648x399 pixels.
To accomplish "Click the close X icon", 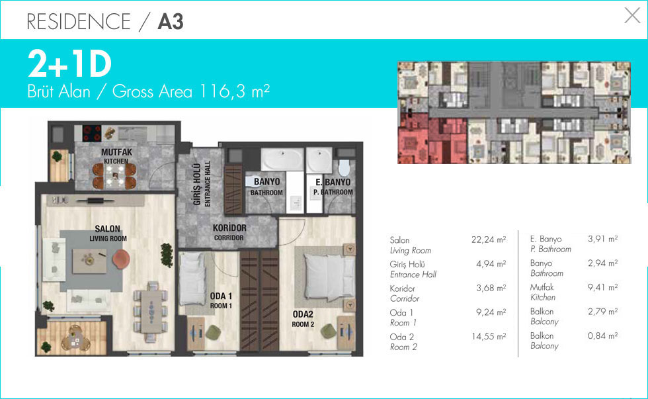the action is coord(632,16).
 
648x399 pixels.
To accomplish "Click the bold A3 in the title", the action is coord(171,21).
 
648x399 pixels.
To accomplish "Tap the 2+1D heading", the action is coord(70,64).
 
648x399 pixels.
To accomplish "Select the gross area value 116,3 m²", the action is coord(235,91).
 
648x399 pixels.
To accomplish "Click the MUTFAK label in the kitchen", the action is coord(116,152).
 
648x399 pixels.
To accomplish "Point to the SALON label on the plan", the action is coord(107,229).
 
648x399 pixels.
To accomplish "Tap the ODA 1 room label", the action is coord(221,296).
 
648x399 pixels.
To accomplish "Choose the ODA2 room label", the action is coord(303,314).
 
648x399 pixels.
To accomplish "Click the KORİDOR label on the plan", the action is coord(229,228).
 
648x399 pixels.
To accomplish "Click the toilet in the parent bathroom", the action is coord(344,167).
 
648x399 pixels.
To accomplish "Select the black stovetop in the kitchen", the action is coord(92,133).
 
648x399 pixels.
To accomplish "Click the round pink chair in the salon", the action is coord(121,259).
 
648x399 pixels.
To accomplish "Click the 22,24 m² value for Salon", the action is coord(489,240).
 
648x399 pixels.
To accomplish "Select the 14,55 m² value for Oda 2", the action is coord(489,337).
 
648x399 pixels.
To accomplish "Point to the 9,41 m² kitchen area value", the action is coord(602,287).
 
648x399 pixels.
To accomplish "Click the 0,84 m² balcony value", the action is coord(602,335).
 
